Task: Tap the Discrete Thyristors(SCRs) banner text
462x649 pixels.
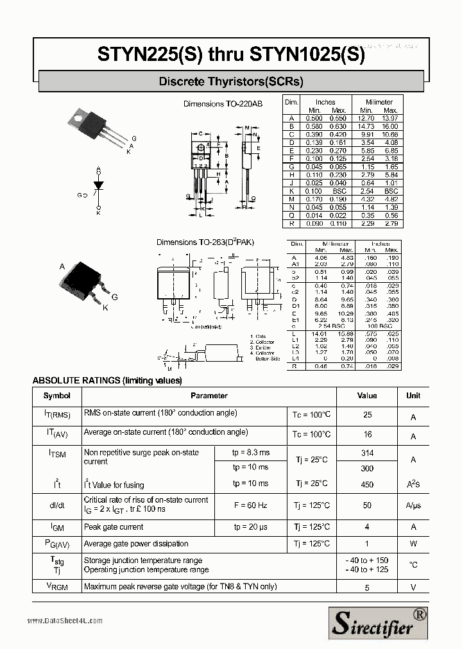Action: (231, 81)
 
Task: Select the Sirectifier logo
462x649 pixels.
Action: (379, 622)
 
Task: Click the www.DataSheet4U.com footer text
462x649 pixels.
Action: (65, 620)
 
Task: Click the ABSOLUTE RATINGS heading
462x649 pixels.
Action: (107, 380)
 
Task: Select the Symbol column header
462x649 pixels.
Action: (57, 396)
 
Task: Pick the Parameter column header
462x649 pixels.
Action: (209, 396)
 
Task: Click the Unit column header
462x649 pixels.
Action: (413, 396)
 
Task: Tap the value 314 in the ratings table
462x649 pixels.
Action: (367, 453)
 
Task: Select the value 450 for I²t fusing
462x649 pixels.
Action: (367, 484)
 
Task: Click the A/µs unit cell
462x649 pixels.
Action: (413, 506)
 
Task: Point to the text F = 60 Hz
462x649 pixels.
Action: (250, 505)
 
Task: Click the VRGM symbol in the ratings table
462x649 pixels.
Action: (57, 586)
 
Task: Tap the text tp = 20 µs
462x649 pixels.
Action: (250, 527)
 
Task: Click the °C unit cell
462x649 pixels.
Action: (413, 565)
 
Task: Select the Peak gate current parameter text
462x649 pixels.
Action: (114, 527)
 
